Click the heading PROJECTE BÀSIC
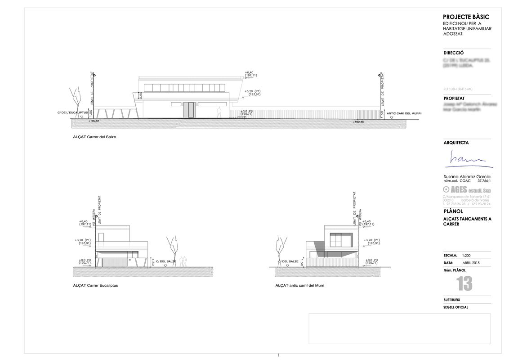(x=466, y=17)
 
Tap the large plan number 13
(x=464, y=283)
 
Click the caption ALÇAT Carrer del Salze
(x=94, y=137)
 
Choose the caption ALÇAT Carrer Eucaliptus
(x=95, y=285)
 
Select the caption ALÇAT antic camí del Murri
(x=299, y=285)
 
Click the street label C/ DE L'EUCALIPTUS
(x=72, y=112)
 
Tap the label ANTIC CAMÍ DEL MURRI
(x=404, y=112)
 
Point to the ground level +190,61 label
(x=94, y=121)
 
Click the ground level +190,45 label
(x=358, y=121)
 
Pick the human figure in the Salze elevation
(x=219, y=112)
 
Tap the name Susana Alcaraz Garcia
(x=467, y=176)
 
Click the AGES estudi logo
(x=467, y=190)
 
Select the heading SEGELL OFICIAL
(x=455, y=307)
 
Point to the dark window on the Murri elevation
(x=341, y=240)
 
